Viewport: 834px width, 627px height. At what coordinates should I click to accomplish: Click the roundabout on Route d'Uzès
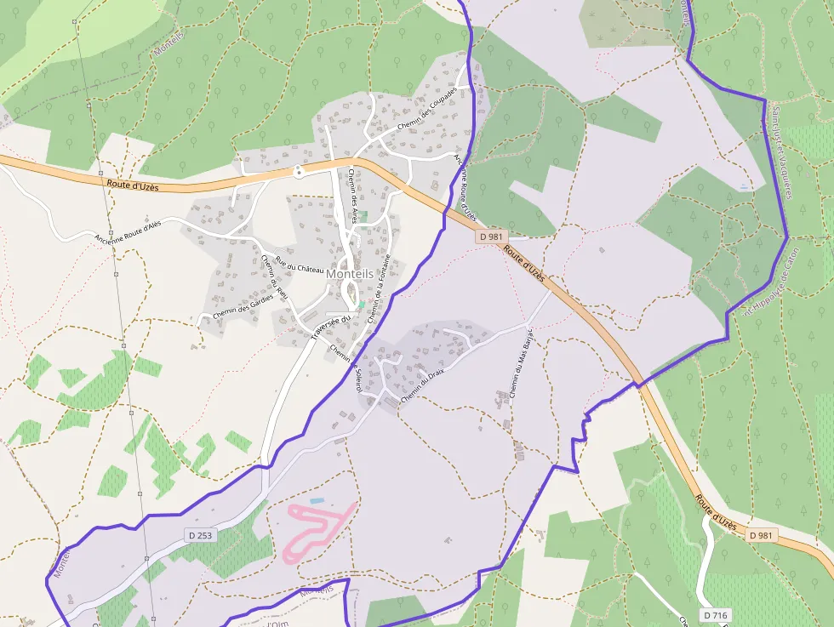point(299,172)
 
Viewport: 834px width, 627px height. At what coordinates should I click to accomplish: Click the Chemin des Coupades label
point(426,111)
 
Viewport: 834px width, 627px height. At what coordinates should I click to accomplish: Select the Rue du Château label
point(300,264)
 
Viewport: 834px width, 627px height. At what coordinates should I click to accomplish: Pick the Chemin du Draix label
point(423,385)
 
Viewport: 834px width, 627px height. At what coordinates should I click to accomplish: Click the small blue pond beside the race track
point(317,500)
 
